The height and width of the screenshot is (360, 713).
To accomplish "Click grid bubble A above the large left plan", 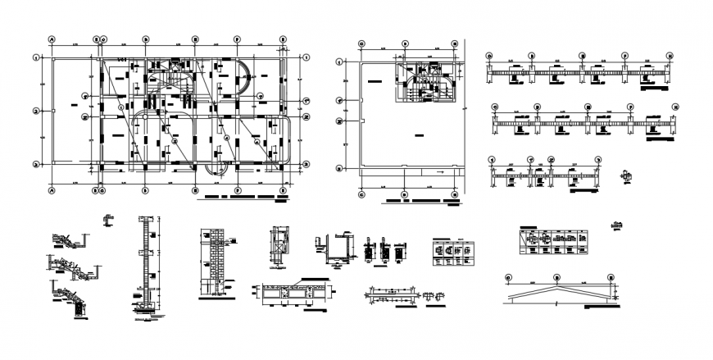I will coord(52,39).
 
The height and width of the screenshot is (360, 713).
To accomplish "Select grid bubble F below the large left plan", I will coord(238,190).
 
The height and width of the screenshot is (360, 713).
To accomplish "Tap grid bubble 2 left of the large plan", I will coord(36,112).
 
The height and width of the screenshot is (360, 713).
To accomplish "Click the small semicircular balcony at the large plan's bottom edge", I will coord(216,168).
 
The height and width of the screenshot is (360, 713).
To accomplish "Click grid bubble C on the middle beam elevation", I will coord(536,107).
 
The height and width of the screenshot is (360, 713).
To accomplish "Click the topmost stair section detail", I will coord(67,240).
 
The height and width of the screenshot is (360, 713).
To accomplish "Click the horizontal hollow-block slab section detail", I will coord(295,293).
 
